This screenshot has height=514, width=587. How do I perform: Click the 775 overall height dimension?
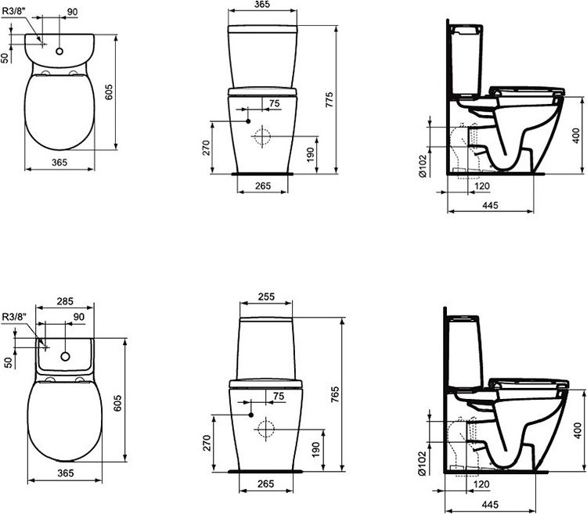point(330,100)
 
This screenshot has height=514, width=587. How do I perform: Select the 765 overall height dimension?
point(335,394)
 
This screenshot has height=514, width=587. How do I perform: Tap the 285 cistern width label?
point(65,301)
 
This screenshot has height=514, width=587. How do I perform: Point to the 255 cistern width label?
point(266,297)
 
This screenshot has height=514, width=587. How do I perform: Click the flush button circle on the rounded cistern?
point(59,52)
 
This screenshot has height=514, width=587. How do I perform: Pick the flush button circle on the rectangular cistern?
point(66,357)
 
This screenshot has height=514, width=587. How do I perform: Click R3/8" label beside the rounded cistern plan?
point(13,11)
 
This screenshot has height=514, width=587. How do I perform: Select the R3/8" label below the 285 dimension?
point(14,317)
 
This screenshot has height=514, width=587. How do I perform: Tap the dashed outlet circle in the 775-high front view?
point(262,136)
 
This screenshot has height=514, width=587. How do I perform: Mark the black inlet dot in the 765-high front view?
point(250,415)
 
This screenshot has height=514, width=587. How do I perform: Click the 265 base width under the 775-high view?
point(263,185)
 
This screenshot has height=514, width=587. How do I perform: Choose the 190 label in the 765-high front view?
point(315,450)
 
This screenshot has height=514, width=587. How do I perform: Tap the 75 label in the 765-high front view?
point(279,396)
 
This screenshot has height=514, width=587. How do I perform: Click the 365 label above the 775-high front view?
point(262,5)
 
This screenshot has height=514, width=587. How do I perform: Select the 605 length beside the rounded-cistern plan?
point(109,92)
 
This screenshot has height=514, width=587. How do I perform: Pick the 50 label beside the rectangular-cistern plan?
point(9,362)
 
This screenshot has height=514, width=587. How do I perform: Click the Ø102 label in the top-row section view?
point(423,166)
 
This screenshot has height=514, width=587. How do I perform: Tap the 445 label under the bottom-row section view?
point(490,505)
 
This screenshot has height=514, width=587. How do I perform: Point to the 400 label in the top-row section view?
point(577,135)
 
